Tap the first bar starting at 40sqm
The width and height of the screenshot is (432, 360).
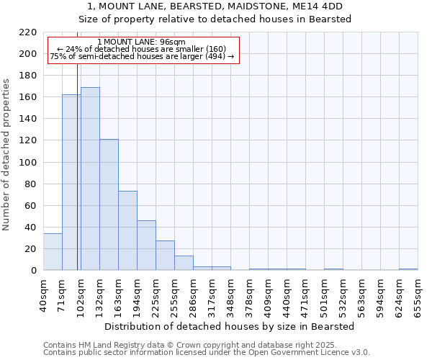53,252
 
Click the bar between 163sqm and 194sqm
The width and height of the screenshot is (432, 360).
127,230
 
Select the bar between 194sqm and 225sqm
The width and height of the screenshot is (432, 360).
146,246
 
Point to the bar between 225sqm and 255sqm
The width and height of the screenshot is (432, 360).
165,256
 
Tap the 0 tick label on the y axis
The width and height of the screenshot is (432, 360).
33,271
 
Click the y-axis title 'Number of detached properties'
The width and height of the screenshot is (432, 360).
7,155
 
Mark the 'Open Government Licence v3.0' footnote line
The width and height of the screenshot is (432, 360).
207,353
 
